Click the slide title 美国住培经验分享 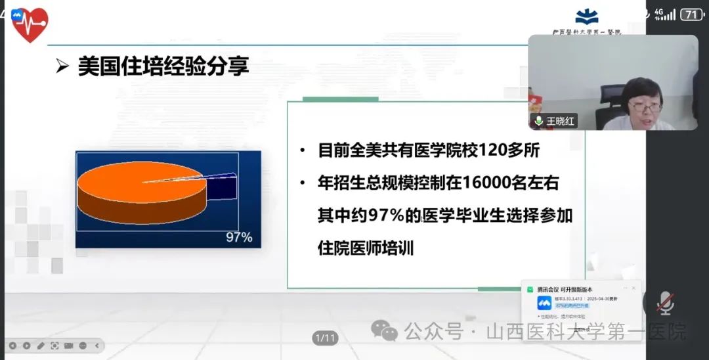[163, 66]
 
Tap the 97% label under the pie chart [239, 237]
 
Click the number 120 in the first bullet [486, 150]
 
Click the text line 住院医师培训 [366, 249]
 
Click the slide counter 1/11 [325, 338]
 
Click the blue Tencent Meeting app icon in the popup [544, 303]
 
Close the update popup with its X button [634, 288]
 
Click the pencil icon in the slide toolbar [41, 346]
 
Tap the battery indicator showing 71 [691, 14]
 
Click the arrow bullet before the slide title [62, 67]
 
